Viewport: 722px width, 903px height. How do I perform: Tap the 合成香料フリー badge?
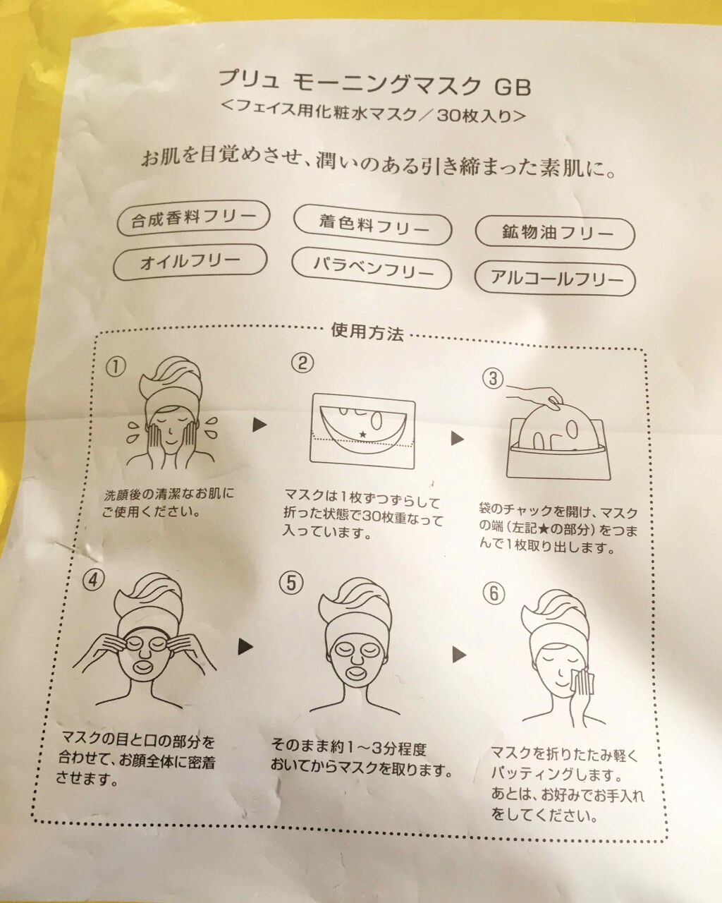(193, 218)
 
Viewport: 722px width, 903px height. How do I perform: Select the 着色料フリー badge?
(373, 224)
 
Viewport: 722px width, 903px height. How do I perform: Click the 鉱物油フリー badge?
(555, 233)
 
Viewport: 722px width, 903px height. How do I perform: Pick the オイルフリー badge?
(190, 262)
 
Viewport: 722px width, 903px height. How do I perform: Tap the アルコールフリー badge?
(555, 278)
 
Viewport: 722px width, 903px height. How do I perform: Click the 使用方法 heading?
(367, 332)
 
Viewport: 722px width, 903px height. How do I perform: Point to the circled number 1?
(116, 367)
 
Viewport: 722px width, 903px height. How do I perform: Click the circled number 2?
(302, 363)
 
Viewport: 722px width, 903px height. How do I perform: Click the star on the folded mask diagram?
(362, 433)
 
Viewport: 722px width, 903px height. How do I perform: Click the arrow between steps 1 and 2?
(259, 425)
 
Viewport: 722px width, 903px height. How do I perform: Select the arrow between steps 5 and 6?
(460, 654)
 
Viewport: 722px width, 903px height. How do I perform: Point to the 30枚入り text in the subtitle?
(475, 116)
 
